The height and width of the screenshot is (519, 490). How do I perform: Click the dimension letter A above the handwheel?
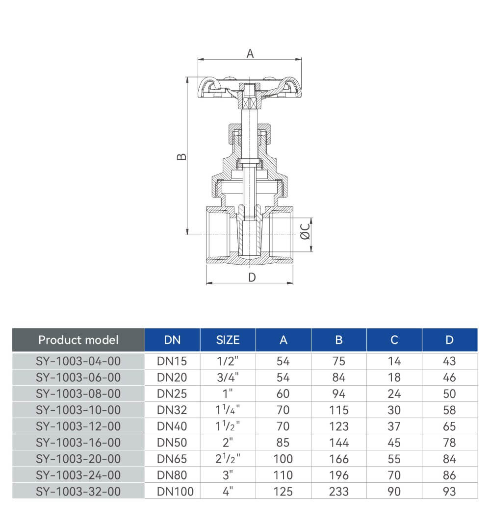250,53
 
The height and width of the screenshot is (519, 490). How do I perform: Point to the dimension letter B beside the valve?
181,156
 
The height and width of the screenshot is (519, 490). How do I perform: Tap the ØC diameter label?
305,231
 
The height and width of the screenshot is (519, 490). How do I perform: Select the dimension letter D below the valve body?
252,277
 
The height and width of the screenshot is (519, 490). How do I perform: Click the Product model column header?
78,340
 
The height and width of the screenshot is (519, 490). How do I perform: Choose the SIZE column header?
228,340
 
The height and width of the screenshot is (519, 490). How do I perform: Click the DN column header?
172,340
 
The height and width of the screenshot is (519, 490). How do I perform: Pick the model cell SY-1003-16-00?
78,443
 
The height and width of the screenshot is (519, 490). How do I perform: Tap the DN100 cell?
175,492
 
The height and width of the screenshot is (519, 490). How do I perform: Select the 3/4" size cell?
228,377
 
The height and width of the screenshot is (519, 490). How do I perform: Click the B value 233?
339,492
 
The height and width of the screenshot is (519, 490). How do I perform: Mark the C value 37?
394,426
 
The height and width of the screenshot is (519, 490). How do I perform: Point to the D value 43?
450,361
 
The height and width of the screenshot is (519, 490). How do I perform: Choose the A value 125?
284,492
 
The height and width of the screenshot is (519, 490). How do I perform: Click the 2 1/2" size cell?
228,459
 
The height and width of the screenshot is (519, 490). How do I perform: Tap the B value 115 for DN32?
339,410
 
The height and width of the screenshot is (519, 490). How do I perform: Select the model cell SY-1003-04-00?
78,361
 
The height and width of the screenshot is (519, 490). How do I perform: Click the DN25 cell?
172,394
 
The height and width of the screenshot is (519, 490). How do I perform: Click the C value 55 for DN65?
394,459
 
